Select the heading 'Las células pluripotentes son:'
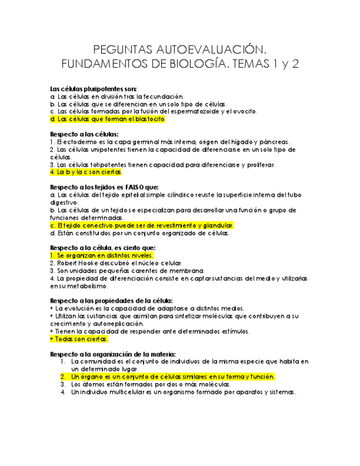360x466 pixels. (x=93, y=88)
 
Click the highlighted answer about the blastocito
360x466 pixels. (x=108, y=119)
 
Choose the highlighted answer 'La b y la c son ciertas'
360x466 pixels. (x=86, y=172)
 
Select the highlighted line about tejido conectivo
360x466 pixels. (x=142, y=225)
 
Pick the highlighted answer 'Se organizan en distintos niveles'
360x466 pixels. (x=102, y=256)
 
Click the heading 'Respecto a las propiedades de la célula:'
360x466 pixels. (x=112, y=301)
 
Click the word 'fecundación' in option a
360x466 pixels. (x=162, y=96)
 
